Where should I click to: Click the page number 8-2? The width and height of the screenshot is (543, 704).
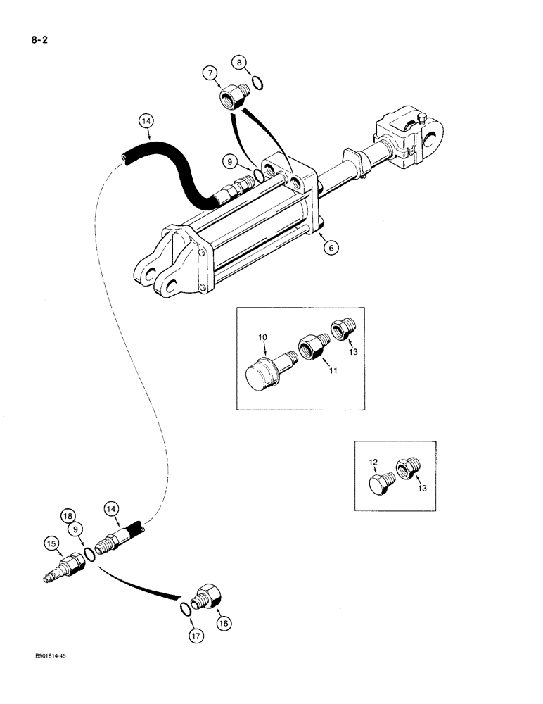pyautogui.click(x=35, y=32)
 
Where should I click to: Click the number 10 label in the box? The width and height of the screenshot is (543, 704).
pyautogui.click(x=263, y=339)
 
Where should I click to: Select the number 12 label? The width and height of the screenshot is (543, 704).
pyautogui.click(x=374, y=462)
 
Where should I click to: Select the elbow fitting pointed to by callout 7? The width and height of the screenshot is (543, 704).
pyautogui.click(x=234, y=95)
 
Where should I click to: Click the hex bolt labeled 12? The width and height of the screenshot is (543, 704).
pyautogui.click(x=381, y=487)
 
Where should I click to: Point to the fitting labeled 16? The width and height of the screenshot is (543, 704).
pyautogui.click(x=209, y=598)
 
